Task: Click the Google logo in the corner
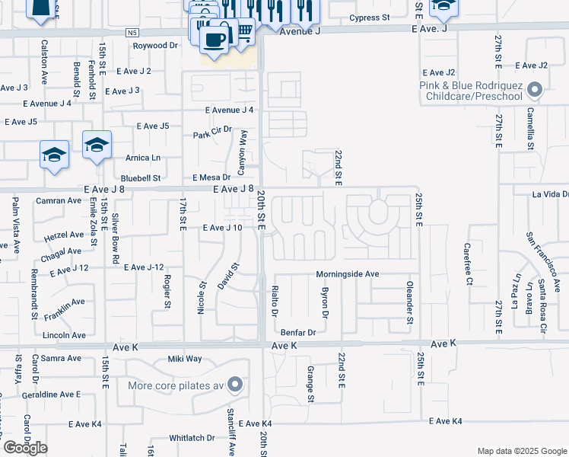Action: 25,448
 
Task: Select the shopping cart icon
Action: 244,31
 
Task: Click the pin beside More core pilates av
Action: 236,385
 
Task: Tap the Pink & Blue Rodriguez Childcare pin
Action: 534,91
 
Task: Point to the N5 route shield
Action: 133,33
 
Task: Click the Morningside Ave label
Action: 348,274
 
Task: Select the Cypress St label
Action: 369,17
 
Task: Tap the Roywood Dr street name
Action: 154,46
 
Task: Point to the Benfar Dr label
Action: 297,333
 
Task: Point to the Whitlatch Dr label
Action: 192,438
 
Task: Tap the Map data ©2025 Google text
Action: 522,451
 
